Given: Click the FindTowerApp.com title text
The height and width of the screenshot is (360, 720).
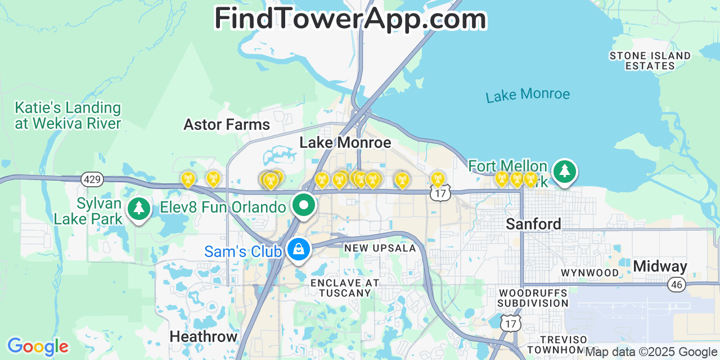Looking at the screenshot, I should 350,19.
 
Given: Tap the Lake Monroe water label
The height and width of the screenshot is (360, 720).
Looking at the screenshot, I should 528,95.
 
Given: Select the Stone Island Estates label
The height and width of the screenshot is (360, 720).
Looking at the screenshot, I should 650,61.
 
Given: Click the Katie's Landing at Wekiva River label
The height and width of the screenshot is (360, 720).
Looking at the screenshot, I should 67,115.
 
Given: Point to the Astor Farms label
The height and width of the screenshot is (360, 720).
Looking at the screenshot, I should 227,124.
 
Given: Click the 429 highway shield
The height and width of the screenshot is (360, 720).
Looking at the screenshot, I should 92,179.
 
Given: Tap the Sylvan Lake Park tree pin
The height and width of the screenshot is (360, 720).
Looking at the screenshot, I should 138,208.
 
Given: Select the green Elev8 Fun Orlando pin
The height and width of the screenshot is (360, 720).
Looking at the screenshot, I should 304,205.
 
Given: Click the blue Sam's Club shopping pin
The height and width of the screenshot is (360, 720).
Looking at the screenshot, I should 298,249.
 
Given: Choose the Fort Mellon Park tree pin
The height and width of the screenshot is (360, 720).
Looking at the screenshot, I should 564,171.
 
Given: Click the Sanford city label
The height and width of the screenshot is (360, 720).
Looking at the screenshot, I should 533,224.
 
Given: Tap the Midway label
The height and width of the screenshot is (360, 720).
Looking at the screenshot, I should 660,266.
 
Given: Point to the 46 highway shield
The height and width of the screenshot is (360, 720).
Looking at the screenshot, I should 677,285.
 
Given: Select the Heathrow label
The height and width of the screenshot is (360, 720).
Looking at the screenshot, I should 204,336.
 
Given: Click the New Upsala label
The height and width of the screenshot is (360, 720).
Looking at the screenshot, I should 380,248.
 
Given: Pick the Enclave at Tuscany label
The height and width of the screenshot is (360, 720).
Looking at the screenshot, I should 345,287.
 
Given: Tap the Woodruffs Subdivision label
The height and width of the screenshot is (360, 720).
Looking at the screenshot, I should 533,298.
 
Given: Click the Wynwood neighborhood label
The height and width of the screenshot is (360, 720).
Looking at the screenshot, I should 590,273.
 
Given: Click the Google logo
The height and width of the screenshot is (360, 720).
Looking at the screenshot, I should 38,346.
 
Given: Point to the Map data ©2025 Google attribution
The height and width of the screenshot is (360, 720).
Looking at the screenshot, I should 651,352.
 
